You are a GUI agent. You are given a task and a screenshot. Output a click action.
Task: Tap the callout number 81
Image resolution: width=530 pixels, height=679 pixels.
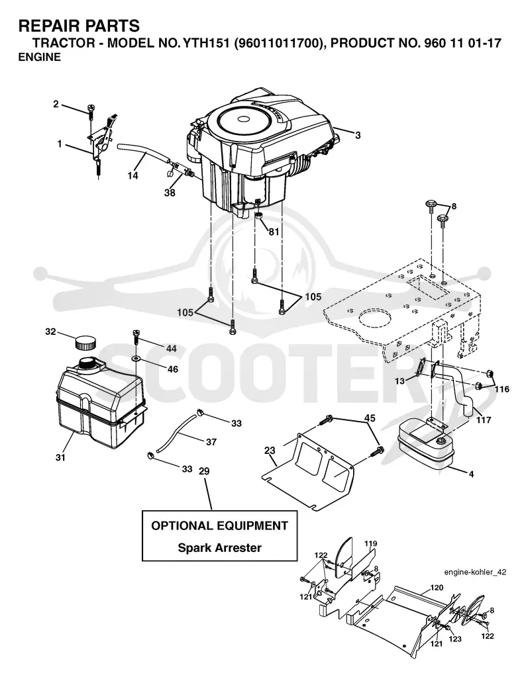click(274, 232)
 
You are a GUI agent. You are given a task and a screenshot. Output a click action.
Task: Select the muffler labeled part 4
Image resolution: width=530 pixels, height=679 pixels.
click(425, 445)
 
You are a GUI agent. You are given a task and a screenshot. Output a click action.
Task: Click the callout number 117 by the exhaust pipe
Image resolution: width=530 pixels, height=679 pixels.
click(484, 420)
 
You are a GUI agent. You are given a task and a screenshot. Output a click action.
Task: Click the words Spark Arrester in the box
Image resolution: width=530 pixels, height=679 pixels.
click(220, 548)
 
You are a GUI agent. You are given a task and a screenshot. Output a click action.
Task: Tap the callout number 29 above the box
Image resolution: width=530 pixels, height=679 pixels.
click(204, 471)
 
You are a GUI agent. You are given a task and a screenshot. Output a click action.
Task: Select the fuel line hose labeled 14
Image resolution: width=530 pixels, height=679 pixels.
click(143, 152)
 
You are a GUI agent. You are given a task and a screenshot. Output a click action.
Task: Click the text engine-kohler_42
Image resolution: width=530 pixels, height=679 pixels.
click(475, 572)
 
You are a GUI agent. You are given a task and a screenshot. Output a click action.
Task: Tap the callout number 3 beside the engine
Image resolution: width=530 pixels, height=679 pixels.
click(358, 136)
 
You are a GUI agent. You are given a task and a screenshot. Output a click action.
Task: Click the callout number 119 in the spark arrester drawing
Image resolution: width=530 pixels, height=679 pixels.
click(370, 543)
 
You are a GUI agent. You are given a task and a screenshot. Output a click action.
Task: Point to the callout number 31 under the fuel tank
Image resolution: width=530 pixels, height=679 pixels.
click(60, 457)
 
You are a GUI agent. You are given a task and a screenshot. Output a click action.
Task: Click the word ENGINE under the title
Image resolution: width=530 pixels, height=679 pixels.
click(40, 57)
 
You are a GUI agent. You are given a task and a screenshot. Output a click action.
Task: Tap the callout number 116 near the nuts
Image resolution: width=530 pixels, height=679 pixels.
click(502, 389)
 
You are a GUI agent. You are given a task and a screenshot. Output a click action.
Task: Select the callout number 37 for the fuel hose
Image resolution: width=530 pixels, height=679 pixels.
click(211, 441)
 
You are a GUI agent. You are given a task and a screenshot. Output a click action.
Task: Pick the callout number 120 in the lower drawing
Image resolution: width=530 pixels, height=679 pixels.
click(437, 588)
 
